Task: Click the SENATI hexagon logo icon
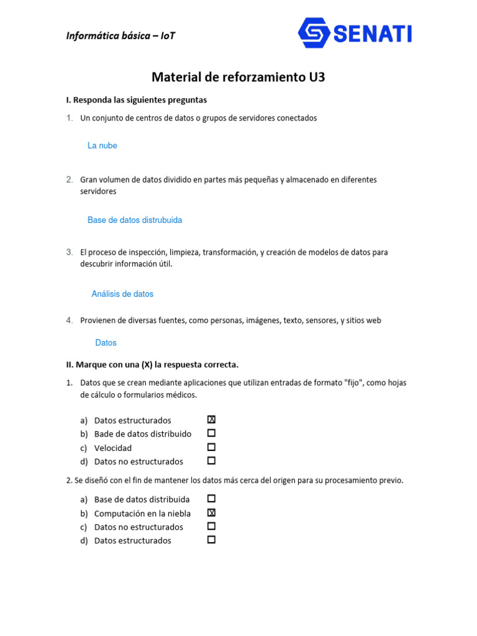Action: (314, 33)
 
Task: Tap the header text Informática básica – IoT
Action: (120, 35)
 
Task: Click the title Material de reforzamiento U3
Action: (238, 77)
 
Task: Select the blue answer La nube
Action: (102, 145)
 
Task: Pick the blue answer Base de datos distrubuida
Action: (135, 220)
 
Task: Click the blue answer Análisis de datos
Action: (122, 294)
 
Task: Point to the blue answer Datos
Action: (106, 343)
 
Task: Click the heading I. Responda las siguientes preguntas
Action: (137, 99)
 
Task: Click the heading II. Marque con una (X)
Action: (152, 365)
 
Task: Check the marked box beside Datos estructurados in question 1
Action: (211, 420)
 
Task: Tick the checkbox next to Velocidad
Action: (211, 447)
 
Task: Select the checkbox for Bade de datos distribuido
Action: (211, 433)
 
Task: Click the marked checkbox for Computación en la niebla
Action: (211, 513)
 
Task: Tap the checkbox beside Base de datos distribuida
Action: (211, 499)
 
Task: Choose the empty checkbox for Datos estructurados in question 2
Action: (211, 540)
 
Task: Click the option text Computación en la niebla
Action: (142, 514)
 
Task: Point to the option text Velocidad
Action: (113, 448)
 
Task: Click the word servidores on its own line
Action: (98, 192)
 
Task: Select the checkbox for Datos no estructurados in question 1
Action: (211, 461)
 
